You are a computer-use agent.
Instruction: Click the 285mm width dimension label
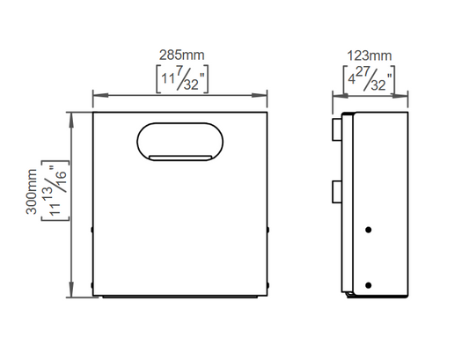[x=181, y=55]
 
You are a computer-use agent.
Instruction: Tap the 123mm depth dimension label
[x=369, y=56]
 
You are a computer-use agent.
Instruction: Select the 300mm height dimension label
[x=32, y=192]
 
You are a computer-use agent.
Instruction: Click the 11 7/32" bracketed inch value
[x=182, y=79]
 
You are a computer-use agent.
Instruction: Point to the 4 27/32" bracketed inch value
[x=369, y=80]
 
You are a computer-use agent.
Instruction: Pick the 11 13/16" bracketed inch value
[x=55, y=191]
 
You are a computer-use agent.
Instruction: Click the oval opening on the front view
[x=180, y=142]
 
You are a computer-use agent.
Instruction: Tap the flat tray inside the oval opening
[x=180, y=158]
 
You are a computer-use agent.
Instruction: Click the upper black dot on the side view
[x=369, y=230]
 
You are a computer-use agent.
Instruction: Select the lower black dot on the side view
[x=369, y=285]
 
